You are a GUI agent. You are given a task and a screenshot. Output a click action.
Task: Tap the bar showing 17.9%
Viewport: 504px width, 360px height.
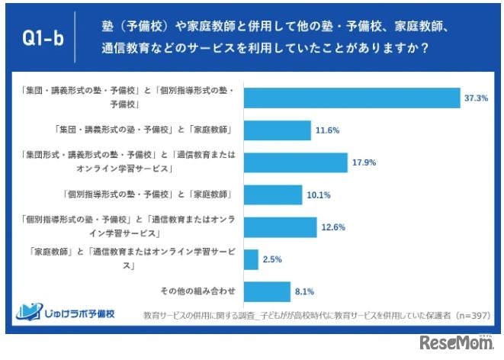pyautogui.click(x=296, y=162)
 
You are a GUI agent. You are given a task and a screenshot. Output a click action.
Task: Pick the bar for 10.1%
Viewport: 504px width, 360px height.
pyautogui.click(x=273, y=194)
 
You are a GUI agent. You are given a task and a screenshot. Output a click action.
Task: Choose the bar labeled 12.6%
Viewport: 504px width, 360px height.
pyautogui.click(x=281, y=227)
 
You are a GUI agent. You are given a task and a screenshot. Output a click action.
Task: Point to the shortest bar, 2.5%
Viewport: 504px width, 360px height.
pyautogui.click(x=251, y=259)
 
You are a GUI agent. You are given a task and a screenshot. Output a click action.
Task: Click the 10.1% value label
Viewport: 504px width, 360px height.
pyautogui.click(x=317, y=195)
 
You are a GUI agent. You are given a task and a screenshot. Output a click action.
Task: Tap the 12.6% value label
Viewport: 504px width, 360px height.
pyautogui.click(x=332, y=227)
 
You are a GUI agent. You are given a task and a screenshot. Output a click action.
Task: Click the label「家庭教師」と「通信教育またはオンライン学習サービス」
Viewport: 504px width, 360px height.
pyautogui.click(x=133, y=259)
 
